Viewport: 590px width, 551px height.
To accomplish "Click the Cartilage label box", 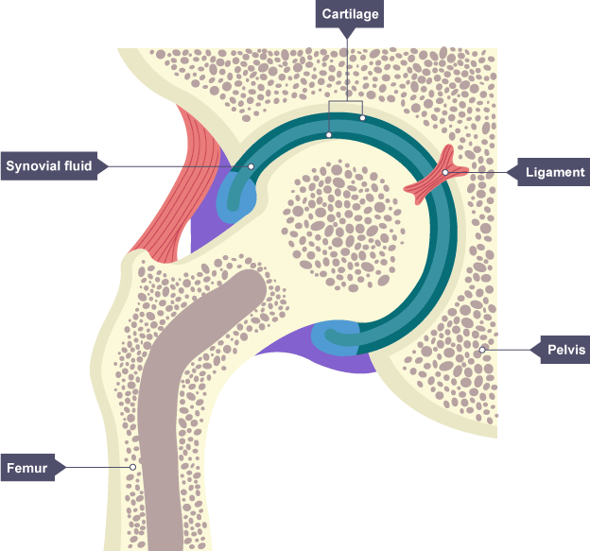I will [350, 15].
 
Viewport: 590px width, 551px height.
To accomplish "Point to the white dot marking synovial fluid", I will [252, 167].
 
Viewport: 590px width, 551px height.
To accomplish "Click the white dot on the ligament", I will [445, 172].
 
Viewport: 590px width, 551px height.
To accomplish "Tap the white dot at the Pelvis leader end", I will [482, 350].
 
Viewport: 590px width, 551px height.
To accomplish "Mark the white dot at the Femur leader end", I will [133, 467].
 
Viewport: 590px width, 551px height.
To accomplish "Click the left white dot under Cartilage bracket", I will [329, 134].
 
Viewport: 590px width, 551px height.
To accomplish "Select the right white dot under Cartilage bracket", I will [362, 118].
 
